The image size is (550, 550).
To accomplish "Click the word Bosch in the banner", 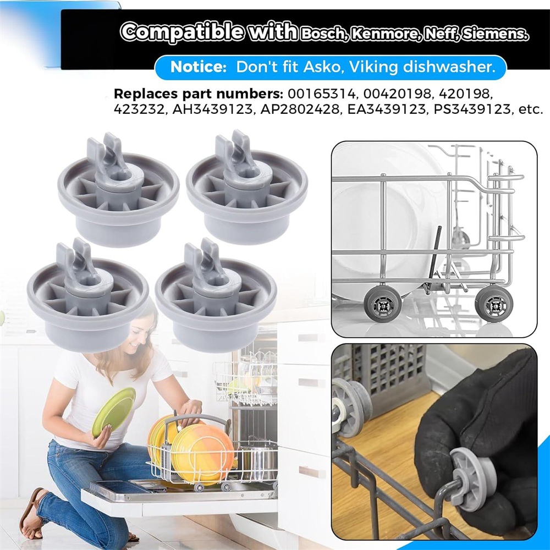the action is click(322, 34).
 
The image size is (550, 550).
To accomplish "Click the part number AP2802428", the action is click(300, 109).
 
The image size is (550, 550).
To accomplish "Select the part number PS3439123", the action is click(472, 109).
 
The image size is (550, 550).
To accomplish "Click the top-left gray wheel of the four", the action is click(118, 188).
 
